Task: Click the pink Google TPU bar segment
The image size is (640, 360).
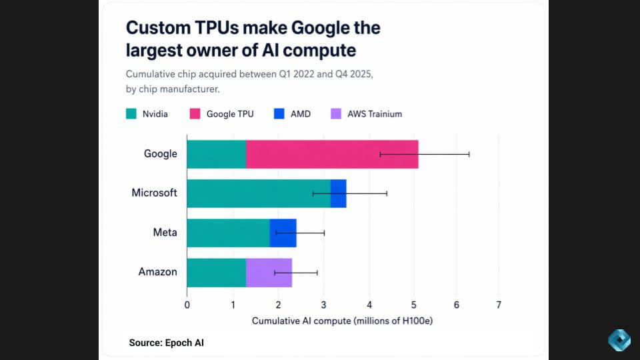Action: pyautogui.click(x=332, y=154)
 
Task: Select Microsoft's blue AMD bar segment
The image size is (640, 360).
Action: pyautogui.click(x=339, y=193)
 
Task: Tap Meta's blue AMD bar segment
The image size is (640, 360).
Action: pyautogui.click(x=283, y=233)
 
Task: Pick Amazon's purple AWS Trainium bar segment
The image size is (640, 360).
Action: pyautogui.click(x=269, y=272)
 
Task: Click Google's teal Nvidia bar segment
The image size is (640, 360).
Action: pyautogui.click(x=216, y=154)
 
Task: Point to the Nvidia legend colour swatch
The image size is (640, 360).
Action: pyautogui.click(x=131, y=114)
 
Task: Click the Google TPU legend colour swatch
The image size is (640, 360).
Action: pyautogui.click(x=195, y=114)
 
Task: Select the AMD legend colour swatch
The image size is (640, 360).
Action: pyautogui.click(x=279, y=114)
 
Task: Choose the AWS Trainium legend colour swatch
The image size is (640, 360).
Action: pyautogui.click(x=335, y=114)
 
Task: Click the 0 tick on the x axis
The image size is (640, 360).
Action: pyautogui.click(x=187, y=305)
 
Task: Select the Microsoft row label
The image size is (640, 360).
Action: pyautogui.click(x=154, y=193)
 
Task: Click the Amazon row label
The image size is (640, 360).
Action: pyautogui.click(x=157, y=272)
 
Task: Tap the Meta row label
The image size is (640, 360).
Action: pyautogui.click(x=165, y=233)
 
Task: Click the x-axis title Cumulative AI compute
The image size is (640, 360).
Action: pyautogui.click(x=342, y=321)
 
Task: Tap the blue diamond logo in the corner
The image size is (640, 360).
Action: pyautogui.click(x=619, y=340)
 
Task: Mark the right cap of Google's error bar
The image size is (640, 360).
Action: pyautogui.click(x=469, y=154)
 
